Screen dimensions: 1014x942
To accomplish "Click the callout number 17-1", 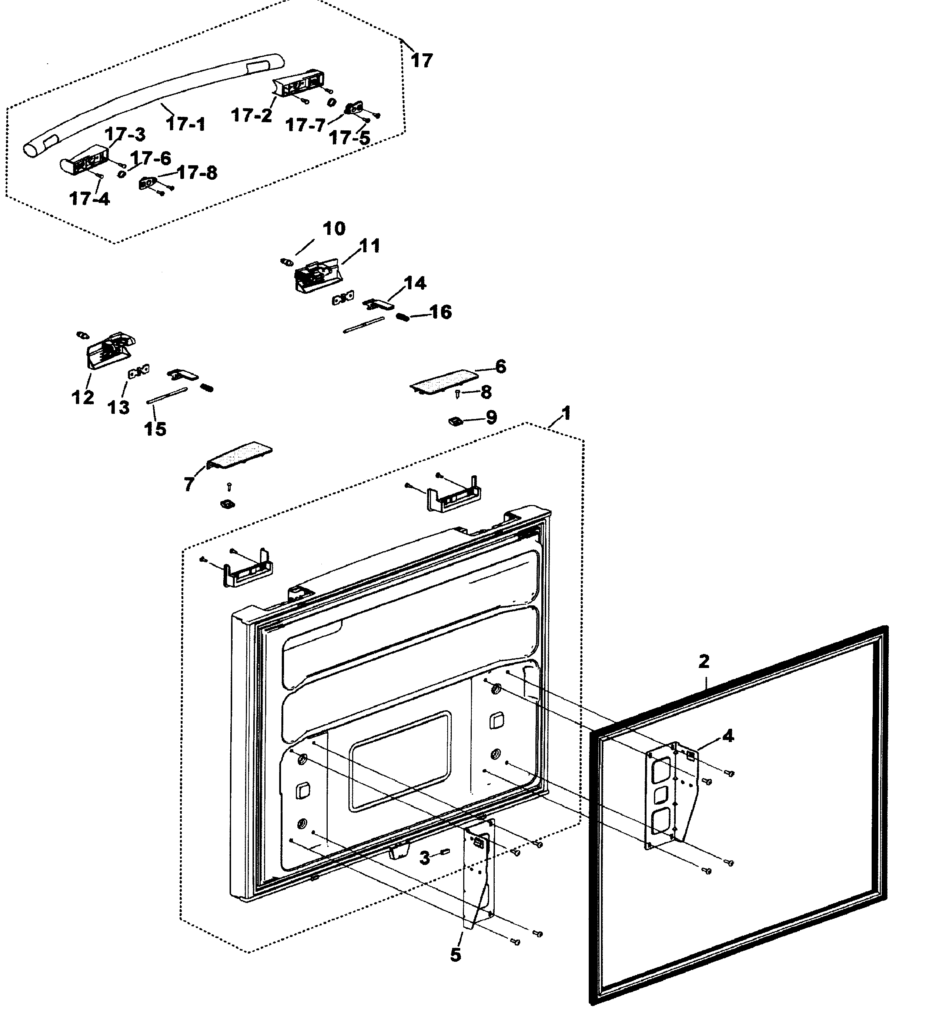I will pos(186,123).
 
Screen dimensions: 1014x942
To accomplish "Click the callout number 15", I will pos(155,429).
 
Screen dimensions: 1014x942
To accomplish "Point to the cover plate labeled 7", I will pos(240,453).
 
